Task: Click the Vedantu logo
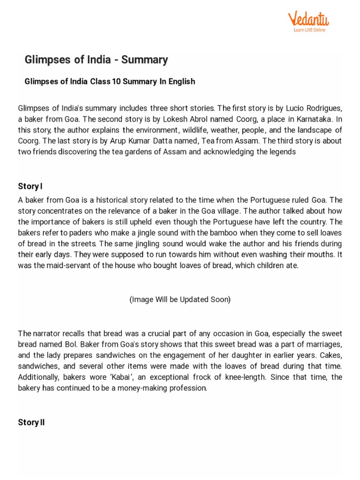pyautogui.click(x=308, y=19)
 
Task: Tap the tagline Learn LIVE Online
pyautogui.click(x=309, y=30)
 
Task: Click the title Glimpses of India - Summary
pyautogui.click(x=96, y=60)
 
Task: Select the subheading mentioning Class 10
pyautogui.click(x=110, y=82)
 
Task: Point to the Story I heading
pyautogui.click(x=30, y=186)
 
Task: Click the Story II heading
pyautogui.click(x=31, y=422)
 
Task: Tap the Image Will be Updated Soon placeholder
pyautogui.click(x=180, y=300)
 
